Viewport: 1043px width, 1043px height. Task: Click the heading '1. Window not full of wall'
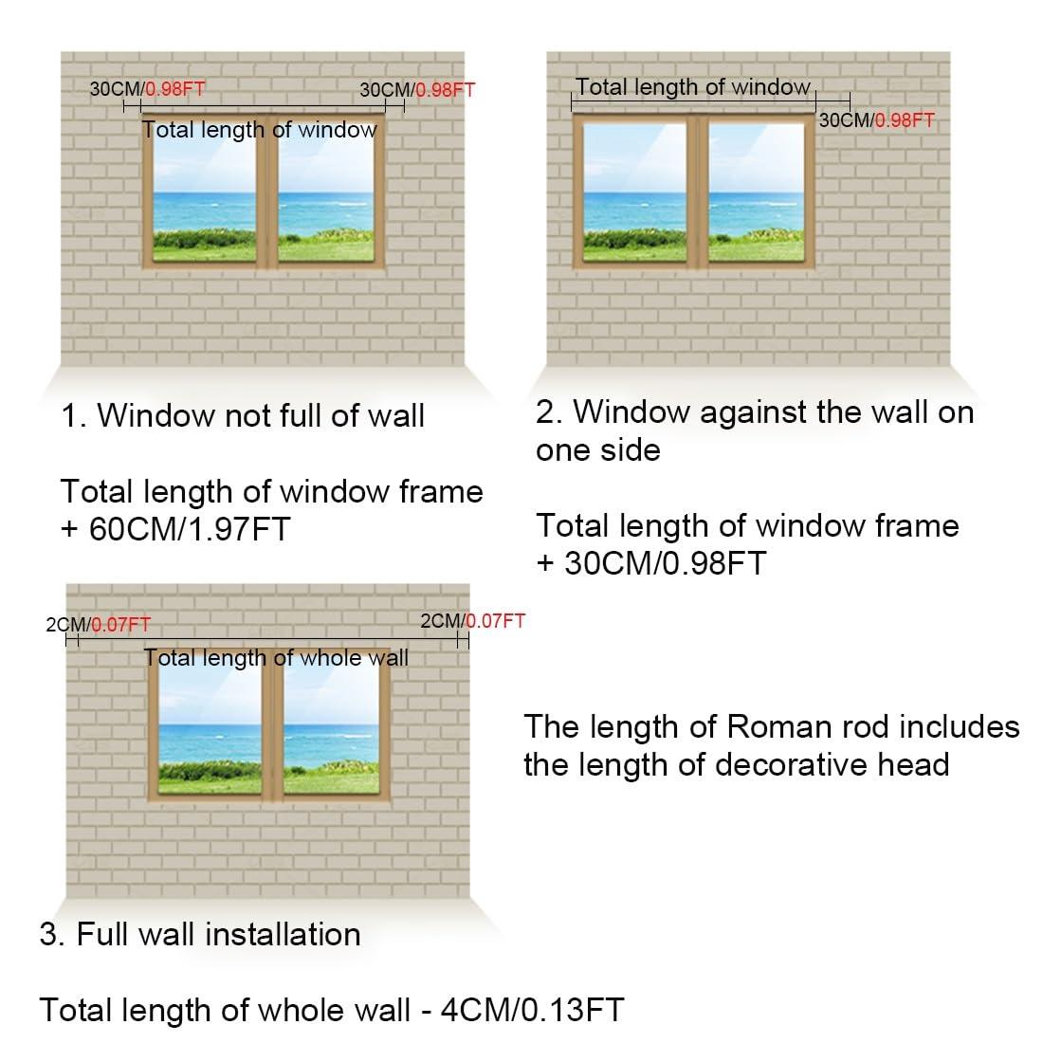(243, 415)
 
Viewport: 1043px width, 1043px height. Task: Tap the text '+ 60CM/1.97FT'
(175, 529)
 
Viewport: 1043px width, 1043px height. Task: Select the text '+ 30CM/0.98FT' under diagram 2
(651, 562)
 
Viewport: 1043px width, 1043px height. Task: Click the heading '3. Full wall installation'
(200, 934)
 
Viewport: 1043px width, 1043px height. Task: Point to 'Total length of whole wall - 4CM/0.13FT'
(332, 1010)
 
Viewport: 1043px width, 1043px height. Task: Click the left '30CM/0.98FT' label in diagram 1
(148, 88)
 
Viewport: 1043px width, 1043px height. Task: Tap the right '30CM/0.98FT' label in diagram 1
(417, 90)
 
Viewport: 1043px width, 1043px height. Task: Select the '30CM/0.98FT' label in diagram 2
(877, 120)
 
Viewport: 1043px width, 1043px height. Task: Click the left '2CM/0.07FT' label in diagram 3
(99, 625)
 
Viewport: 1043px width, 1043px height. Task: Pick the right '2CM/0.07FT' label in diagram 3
(473, 621)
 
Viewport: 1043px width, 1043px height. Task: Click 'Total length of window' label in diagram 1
(260, 130)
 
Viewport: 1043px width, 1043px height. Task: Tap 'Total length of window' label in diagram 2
(693, 87)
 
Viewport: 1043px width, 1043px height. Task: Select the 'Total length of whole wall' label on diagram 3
(276, 658)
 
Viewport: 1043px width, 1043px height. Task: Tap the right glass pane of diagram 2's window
(757, 192)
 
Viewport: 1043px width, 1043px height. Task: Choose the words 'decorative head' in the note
(833, 765)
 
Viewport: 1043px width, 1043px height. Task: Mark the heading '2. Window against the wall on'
(755, 412)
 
